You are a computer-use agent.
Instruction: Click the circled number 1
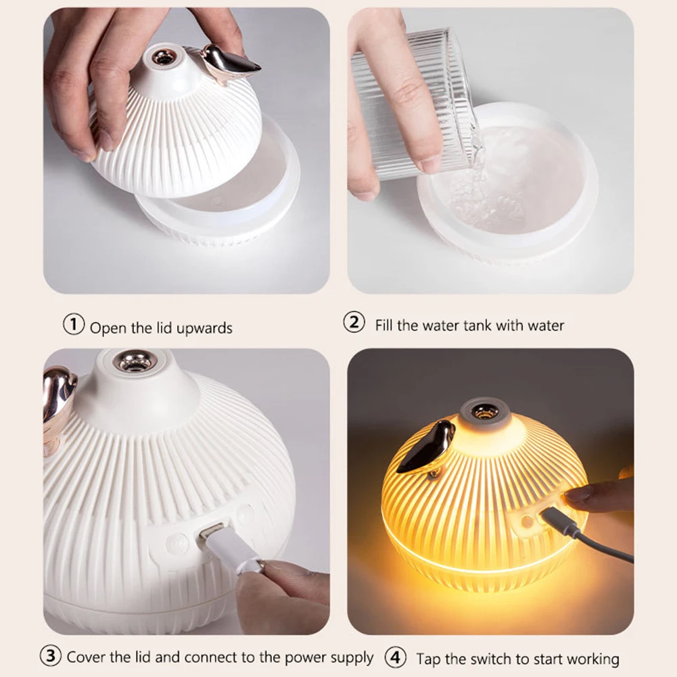[74, 324]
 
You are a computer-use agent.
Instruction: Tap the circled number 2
[354, 322]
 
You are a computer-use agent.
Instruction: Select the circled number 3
[50, 656]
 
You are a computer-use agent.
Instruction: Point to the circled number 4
[396, 657]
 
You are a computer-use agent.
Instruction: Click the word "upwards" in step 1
[204, 329]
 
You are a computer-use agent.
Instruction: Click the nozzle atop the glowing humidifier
[483, 411]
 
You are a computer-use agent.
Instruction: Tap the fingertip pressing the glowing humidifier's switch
[574, 494]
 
